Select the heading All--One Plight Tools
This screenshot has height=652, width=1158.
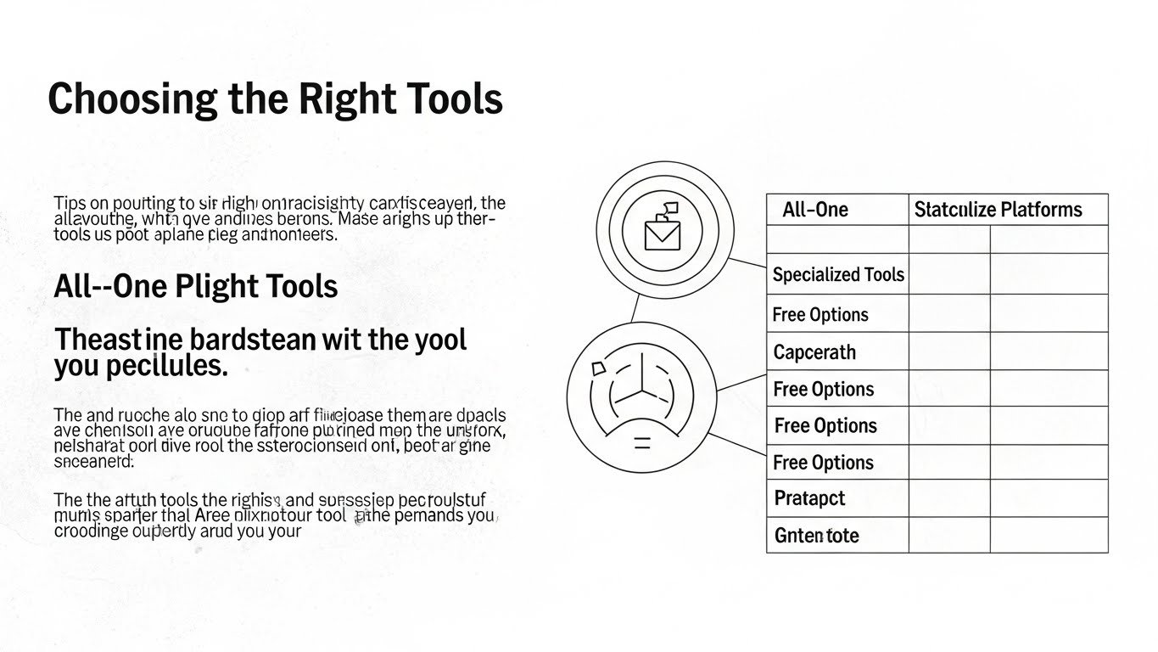click(x=196, y=286)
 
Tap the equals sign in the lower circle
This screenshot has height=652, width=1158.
click(x=642, y=441)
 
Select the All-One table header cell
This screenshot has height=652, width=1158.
click(x=815, y=210)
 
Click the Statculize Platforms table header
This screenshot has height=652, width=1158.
click(x=998, y=210)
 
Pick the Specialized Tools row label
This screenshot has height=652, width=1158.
click(x=838, y=275)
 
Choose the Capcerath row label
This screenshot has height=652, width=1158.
click(x=814, y=352)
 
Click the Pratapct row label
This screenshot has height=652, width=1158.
click(x=809, y=498)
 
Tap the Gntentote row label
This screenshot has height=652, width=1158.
click(x=816, y=536)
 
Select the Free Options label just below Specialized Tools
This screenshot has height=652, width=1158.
click(x=820, y=315)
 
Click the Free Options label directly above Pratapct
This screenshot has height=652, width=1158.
click(x=824, y=463)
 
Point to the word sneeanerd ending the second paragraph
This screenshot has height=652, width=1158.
click(x=93, y=462)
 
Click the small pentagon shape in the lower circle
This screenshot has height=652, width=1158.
click(x=597, y=367)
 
